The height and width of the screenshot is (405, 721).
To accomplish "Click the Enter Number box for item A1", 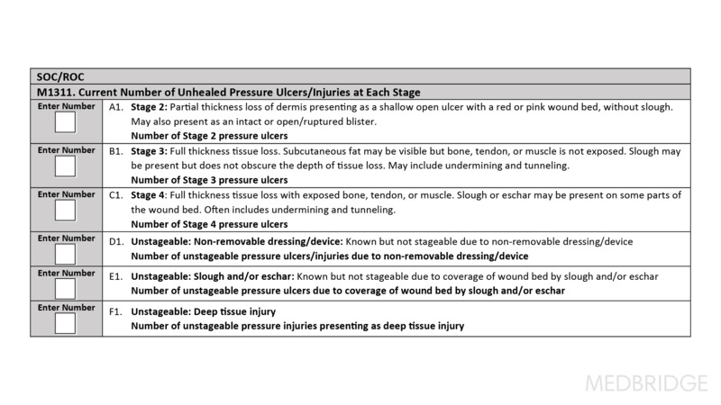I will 66,124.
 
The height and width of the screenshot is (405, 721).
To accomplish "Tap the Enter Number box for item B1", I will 66,167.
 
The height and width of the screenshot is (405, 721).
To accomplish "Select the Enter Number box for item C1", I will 66,211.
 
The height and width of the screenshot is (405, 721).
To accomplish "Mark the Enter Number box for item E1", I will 66,287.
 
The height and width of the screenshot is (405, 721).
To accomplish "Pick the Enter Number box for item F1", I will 66,321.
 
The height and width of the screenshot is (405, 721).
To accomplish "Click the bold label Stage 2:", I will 151,107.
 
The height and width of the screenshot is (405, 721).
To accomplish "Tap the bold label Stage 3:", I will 151,152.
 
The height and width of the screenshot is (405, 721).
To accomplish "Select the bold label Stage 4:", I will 151,195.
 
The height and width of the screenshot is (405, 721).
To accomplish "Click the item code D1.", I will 115,241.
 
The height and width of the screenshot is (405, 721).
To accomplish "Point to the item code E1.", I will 115,275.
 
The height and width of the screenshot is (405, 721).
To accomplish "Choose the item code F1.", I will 115,311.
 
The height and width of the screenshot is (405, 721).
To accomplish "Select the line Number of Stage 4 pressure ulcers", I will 209,224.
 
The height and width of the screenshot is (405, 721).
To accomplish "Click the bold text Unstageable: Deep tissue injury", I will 203,311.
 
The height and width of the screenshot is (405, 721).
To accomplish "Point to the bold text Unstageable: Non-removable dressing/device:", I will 236,241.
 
